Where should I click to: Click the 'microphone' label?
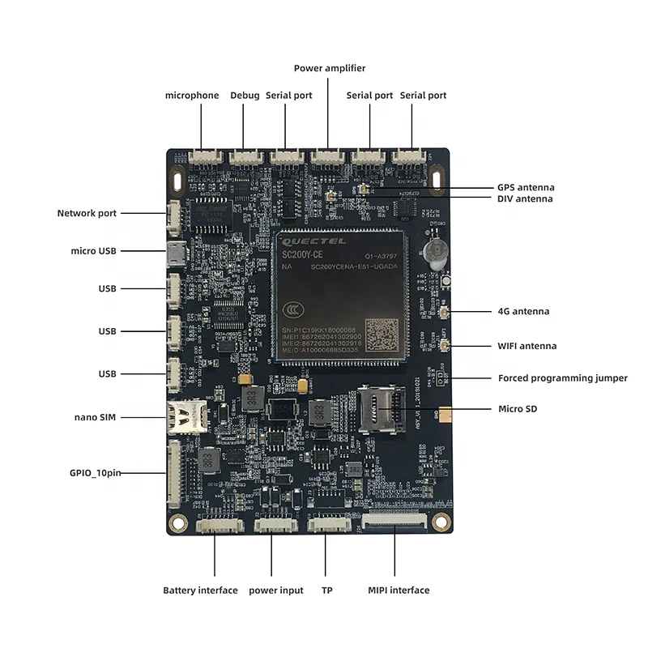pyautogui.click(x=192, y=96)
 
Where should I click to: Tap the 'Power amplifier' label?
pyautogui.click(x=329, y=68)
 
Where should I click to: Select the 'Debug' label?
pyautogui.click(x=245, y=96)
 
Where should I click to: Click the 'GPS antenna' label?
pyautogui.click(x=526, y=187)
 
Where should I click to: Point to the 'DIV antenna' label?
pyautogui.click(x=525, y=199)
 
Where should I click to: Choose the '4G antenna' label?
pyautogui.click(x=523, y=311)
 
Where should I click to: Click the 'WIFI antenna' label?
pyautogui.click(x=526, y=346)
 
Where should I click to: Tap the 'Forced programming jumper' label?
pyautogui.click(x=551, y=377)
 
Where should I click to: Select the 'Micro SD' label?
pyautogui.click(x=518, y=409)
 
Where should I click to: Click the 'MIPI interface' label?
pyautogui.click(x=399, y=590)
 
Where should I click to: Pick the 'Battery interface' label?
pyautogui.click(x=200, y=590)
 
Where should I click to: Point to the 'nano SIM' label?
pyautogui.click(x=96, y=417)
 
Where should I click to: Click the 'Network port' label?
pyautogui.click(x=87, y=214)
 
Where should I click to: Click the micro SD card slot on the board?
pyautogui.click(x=378, y=407)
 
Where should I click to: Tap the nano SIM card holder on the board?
pyautogui.click(x=185, y=417)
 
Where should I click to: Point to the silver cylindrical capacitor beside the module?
pyautogui.click(x=435, y=250)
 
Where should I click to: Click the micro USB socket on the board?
pyautogui.click(x=173, y=252)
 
